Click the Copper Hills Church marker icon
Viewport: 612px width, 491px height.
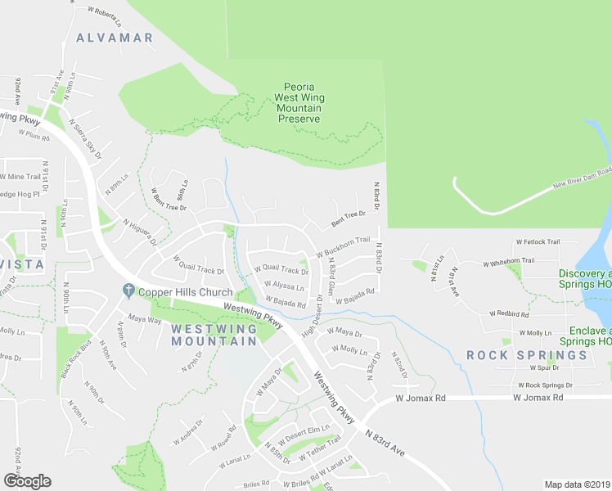pyautogui.click(x=128, y=291)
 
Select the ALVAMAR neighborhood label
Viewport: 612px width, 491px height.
pyautogui.click(x=115, y=38)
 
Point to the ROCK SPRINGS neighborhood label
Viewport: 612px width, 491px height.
pyautogui.click(x=527, y=355)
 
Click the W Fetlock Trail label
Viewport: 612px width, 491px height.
pyautogui.click(x=538, y=242)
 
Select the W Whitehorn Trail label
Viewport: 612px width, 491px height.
pyautogui.click(x=509, y=262)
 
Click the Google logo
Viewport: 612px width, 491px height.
pyautogui.click(x=27, y=481)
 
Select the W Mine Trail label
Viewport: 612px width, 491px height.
pyautogui.click(x=21, y=177)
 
